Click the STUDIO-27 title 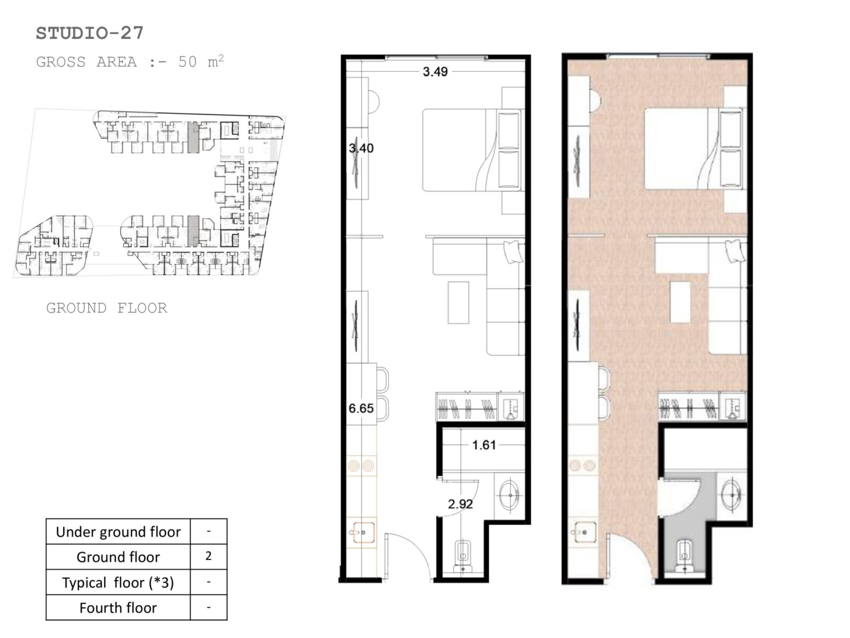point(89,33)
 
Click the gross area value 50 point(188,62)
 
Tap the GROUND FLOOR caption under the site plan point(106,308)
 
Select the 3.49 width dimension point(435,72)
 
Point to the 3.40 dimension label point(361,148)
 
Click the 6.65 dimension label point(361,408)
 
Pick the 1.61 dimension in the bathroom point(483,444)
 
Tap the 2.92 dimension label point(461,503)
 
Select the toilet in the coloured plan point(685,556)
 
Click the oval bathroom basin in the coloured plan point(732,494)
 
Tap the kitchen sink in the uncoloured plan point(362,533)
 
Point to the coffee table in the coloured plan point(681,302)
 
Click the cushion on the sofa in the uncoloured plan point(514,251)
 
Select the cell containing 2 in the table point(209,556)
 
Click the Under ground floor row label point(118,532)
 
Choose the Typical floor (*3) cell point(118,582)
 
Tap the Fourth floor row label point(118,607)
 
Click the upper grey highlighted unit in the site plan point(193,137)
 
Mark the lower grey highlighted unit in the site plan point(193,231)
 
